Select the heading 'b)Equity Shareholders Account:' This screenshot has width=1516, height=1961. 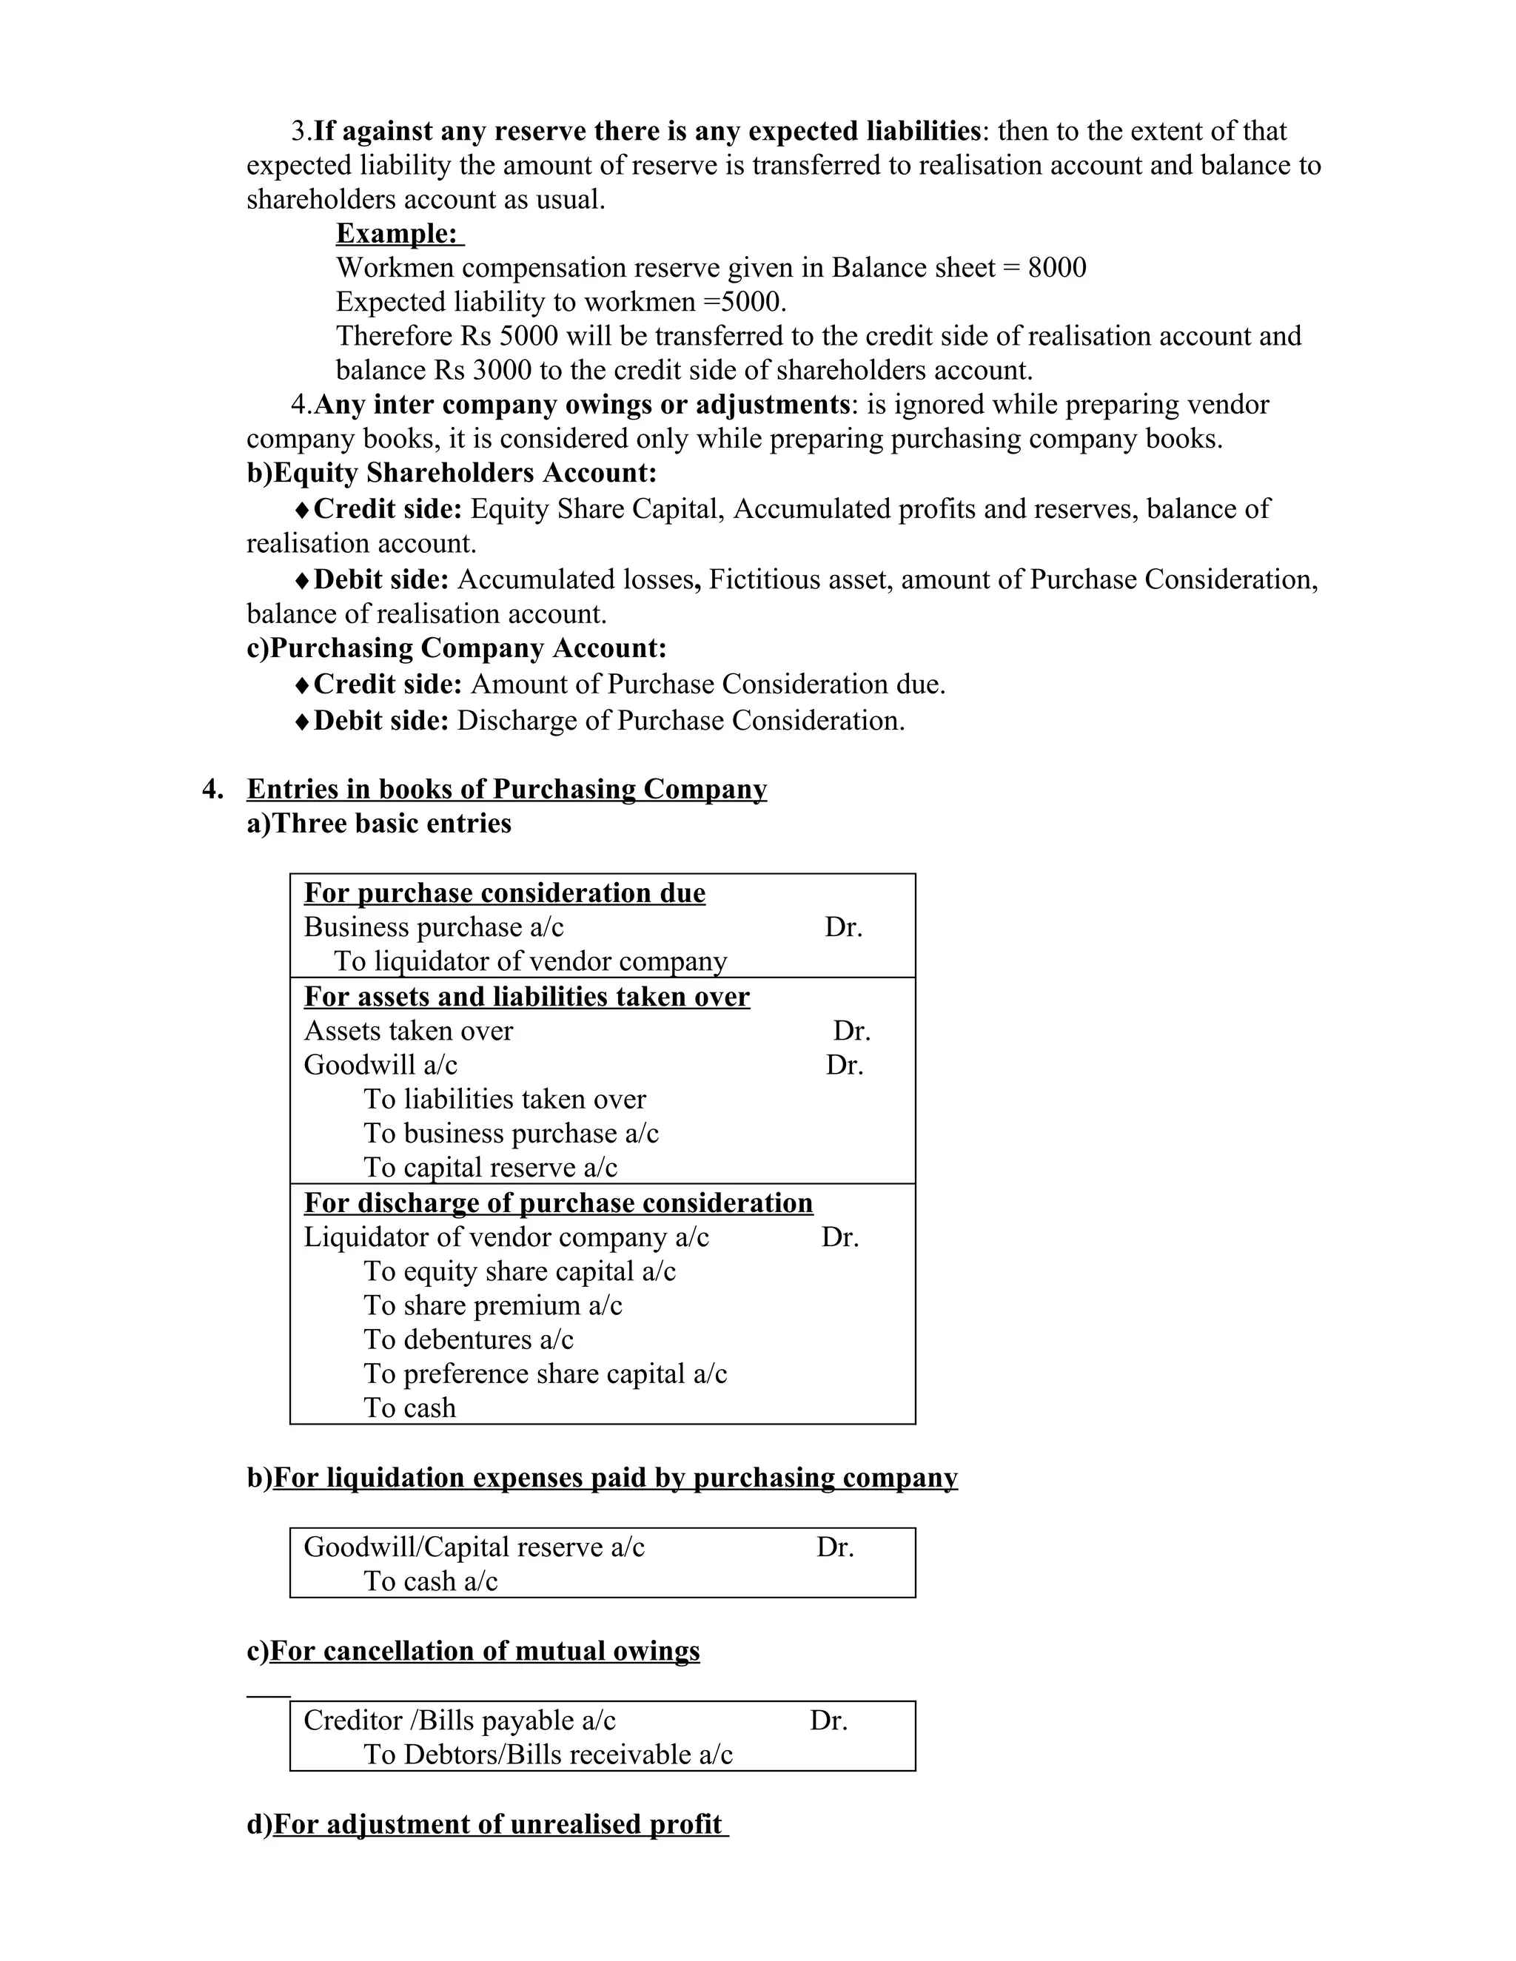click(x=452, y=473)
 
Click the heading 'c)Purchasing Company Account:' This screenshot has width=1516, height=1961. click(x=456, y=648)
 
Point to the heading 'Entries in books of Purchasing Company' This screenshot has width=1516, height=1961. click(x=506, y=790)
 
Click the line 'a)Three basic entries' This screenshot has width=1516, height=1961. click(x=379, y=824)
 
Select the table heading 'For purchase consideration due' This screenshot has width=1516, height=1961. click(x=505, y=893)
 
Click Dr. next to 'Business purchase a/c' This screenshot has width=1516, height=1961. click(x=843, y=927)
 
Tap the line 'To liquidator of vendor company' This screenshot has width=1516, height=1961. click(x=530, y=962)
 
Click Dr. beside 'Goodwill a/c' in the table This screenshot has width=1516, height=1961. click(x=844, y=1066)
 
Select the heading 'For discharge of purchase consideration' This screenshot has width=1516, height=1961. click(x=557, y=1203)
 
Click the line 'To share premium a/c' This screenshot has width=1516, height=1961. click(x=492, y=1306)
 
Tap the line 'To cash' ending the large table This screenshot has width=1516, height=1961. click(x=409, y=1409)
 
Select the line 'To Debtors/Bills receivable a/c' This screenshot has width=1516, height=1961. click(x=548, y=1755)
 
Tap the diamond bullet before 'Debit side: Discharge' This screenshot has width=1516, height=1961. click(x=303, y=722)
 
